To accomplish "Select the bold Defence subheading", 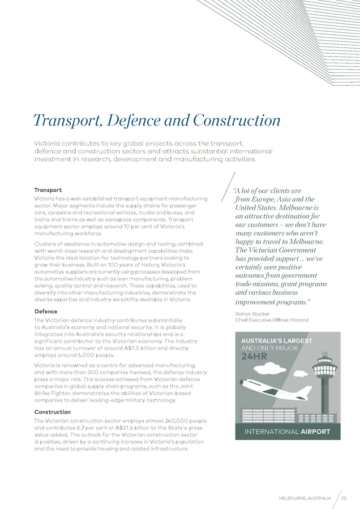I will (x=46, y=311).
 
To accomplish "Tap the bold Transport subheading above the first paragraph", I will (x=48, y=190).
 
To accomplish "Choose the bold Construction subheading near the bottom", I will (x=53, y=412).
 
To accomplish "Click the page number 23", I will (x=344, y=498).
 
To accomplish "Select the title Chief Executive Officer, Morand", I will (x=272, y=320).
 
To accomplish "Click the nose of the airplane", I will (x=242, y=382).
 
